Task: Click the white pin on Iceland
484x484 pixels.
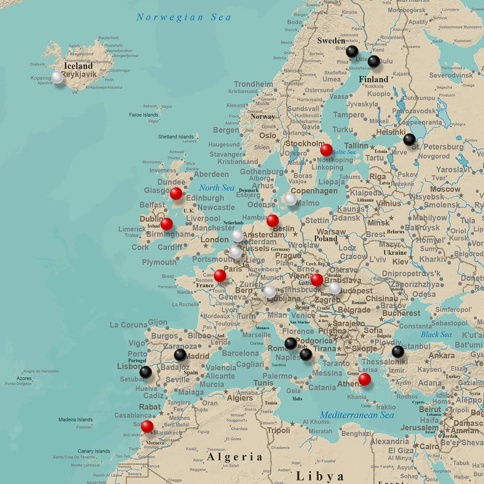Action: point(57,77)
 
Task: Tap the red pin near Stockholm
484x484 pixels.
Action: point(326,150)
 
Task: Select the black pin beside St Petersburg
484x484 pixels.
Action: point(409,139)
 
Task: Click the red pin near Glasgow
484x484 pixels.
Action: point(176,193)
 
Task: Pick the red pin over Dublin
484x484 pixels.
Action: point(166,224)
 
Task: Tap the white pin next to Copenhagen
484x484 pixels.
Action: point(291,199)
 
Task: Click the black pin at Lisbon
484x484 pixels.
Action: point(146,372)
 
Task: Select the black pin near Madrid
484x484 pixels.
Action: point(180,354)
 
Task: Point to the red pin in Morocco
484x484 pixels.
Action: point(147,426)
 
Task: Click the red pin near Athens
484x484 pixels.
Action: point(364,379)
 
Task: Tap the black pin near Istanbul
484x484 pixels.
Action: point(398,351)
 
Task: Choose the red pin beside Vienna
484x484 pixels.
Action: point(317,280)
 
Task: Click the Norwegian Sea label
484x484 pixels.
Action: point(184,17)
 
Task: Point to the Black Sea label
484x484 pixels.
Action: point(436,334)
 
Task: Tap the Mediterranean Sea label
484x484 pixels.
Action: point(357,415)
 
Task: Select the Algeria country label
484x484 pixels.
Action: point(235,457)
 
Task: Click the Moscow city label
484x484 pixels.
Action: point(446,189)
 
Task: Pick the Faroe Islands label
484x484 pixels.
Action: point(144,115)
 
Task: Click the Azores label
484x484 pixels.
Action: point(24,379)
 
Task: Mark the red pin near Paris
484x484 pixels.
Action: point(220,275)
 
